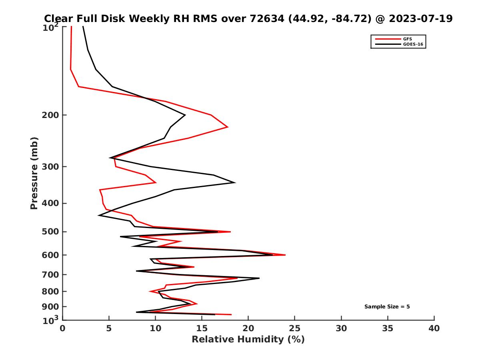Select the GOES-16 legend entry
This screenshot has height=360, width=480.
(x=412, y=44)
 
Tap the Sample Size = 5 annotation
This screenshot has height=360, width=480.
(x=387, y=307)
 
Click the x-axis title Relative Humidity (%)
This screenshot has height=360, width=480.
(x=248, y=340)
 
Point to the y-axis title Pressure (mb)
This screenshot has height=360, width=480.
(x=34, y=173)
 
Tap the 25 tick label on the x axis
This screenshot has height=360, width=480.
(x=295, y=329)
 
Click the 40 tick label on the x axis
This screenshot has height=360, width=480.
(x=434, y=329)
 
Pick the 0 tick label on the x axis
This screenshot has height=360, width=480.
(x=62, y=329)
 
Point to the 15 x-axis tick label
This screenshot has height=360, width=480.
(x=202, y=329)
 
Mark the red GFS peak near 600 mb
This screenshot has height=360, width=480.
(x=285, y=255)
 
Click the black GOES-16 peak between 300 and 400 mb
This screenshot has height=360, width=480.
(x=235, y=182)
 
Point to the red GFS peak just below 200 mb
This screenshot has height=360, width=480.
(x=228, y=127)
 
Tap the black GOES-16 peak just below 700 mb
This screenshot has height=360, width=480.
(x=259, y=278)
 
